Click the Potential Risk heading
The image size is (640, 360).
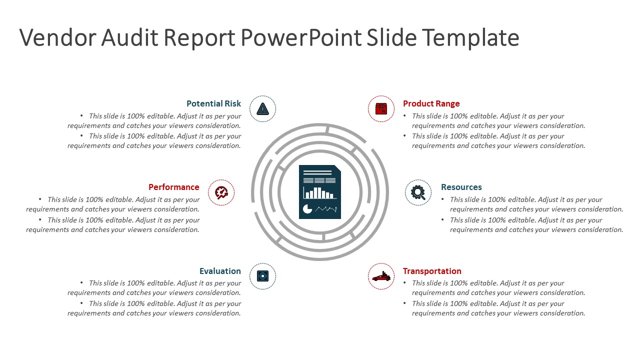click(x=213, y=103)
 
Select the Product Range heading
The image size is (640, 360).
click(x=431, y=103)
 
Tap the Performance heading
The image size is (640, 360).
click(x=173, y=187)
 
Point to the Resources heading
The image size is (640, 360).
click(x=461, y=187)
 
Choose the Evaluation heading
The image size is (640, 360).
click(x=220, y=271)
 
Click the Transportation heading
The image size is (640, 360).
click(x=432, y=271)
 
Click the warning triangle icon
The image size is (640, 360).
click(x=262, y=108)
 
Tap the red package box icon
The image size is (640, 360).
click(x=381, y=108)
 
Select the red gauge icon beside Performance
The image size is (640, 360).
click(x=221, y=192)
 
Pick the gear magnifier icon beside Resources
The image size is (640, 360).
click(x=418, y=192)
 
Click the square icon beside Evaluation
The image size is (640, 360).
click(x=262, y=276)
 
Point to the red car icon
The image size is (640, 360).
click(x=381, y=276)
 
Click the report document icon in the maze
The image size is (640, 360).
click(x=320, y=192)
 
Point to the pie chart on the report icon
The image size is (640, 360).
click(x=307, y=209)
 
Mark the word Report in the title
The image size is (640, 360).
click(x=198, y=37)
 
